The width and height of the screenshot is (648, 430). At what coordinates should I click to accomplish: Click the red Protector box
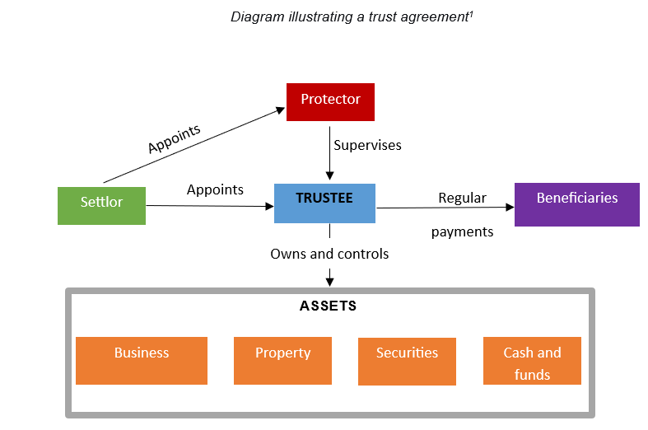point(330,101)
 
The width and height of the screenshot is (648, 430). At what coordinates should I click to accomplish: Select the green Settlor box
point(101,205)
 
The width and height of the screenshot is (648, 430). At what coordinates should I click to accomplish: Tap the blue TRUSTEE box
point(324,203)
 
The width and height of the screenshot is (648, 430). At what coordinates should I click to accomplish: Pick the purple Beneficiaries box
point(576,204)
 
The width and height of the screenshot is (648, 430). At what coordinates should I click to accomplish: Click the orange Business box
point(141,360)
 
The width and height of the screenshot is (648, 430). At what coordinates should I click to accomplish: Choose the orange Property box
point(282,360)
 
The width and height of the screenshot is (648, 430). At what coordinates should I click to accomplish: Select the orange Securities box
point(407,361)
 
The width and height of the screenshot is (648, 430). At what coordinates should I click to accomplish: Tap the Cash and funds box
point(532,361)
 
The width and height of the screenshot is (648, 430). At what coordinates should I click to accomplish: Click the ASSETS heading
point(328,306)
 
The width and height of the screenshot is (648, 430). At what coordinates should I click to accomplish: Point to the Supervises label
point(367,145)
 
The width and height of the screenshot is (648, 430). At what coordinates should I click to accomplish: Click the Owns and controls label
point(329,254)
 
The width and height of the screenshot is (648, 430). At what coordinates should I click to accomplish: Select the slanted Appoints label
point(175,138)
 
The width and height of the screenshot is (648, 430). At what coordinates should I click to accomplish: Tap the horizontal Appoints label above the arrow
point(215,189)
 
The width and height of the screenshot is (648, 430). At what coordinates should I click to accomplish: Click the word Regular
point(462,198)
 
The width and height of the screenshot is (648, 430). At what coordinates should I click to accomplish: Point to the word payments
point(462,231)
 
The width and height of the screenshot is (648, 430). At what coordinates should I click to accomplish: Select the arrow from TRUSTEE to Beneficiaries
point(445,208)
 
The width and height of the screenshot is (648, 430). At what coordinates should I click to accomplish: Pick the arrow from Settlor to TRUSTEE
point(210,206)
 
